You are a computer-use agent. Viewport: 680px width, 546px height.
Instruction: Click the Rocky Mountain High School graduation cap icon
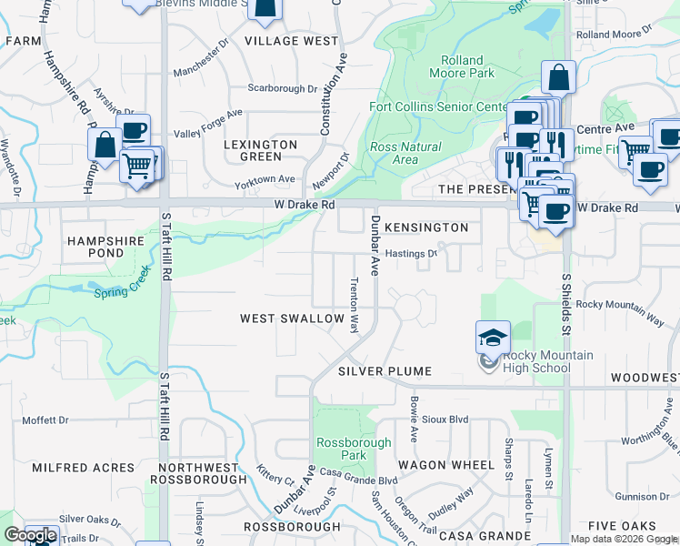(493, 338)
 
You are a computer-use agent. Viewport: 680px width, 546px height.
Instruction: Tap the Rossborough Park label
(341, 449)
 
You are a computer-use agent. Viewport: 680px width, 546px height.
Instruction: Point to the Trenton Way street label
(355, 306)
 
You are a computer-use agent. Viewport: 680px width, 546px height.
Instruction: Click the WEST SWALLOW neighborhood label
(292, 319)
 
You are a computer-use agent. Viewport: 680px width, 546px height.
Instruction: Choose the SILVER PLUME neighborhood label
(384, 372)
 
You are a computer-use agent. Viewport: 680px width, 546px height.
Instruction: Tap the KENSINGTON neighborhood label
(426, 227)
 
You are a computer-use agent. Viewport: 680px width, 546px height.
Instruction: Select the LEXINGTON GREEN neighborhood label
(261, 150)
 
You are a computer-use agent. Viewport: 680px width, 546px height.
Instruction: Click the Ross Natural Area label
(405, 153)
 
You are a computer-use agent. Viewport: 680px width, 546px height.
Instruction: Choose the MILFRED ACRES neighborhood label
(83, 468)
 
